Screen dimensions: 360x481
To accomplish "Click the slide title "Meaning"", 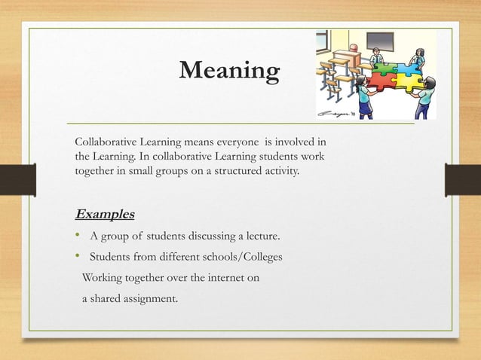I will [229, 72].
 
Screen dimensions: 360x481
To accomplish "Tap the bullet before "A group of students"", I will [78, 237].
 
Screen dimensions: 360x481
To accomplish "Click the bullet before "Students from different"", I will [78, 258].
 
